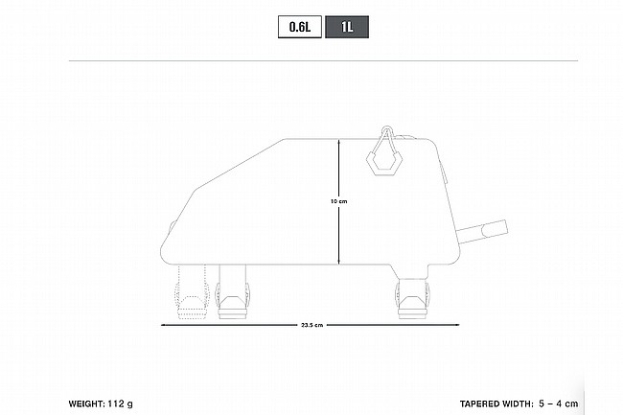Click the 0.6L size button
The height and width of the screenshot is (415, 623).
[x=300, y=27]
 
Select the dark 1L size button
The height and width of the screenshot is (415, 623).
[x=347, y=27]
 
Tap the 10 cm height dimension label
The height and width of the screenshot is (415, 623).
[x=339, y=201]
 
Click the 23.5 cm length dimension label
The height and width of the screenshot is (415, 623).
[x=311, y=325]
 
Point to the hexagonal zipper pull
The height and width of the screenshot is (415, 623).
[x=383, y=161]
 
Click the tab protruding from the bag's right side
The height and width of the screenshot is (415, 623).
[x=483, y=232]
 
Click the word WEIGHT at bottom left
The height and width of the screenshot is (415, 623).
[x=86, y=403]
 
